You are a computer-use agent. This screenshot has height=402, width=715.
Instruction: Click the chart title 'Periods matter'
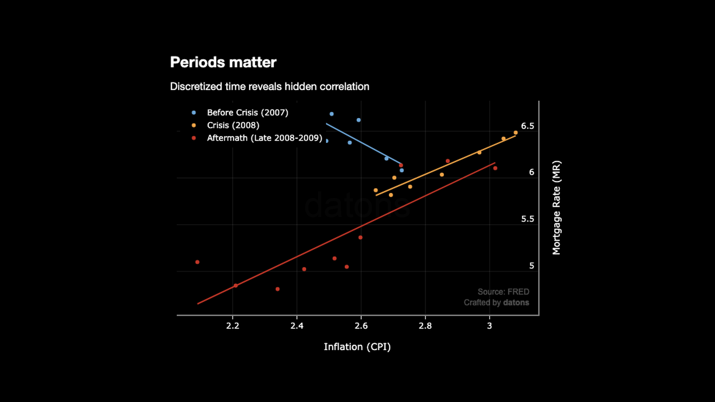click(223, 62)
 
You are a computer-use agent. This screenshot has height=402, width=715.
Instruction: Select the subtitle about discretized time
click(270, 86)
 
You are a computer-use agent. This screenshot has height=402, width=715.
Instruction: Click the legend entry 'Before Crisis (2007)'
click(247, 112)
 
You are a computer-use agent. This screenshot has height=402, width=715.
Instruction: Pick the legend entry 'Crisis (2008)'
click(233, 125)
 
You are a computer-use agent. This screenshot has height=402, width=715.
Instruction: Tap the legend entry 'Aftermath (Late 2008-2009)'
click(264, 138)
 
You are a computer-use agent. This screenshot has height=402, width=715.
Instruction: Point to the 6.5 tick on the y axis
click(527, 126)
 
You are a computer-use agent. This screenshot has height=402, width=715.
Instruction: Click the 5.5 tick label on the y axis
click(527, 219)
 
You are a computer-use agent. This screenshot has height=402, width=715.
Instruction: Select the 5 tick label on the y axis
click(531, 266)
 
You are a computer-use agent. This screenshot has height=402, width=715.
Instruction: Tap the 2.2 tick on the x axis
click(233, 326)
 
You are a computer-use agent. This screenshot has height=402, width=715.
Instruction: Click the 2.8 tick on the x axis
click(425, 326)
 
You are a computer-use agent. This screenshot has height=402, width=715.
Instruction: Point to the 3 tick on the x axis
click(489, 326)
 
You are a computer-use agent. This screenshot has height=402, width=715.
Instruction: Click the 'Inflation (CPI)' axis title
click(357, 347)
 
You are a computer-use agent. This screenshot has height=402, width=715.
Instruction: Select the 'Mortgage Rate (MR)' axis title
click(556, 208)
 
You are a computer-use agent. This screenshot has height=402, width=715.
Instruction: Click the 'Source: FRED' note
click(503, 292)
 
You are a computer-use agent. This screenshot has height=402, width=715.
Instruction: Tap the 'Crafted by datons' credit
click(496, 303)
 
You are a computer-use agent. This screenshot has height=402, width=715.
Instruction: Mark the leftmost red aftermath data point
click(197, 262)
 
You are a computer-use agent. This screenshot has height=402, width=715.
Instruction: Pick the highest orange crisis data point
click(516, 133)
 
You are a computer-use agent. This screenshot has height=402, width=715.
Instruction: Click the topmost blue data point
click(331, 114)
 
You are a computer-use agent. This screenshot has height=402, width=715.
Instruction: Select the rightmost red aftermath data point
click(495, 168)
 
